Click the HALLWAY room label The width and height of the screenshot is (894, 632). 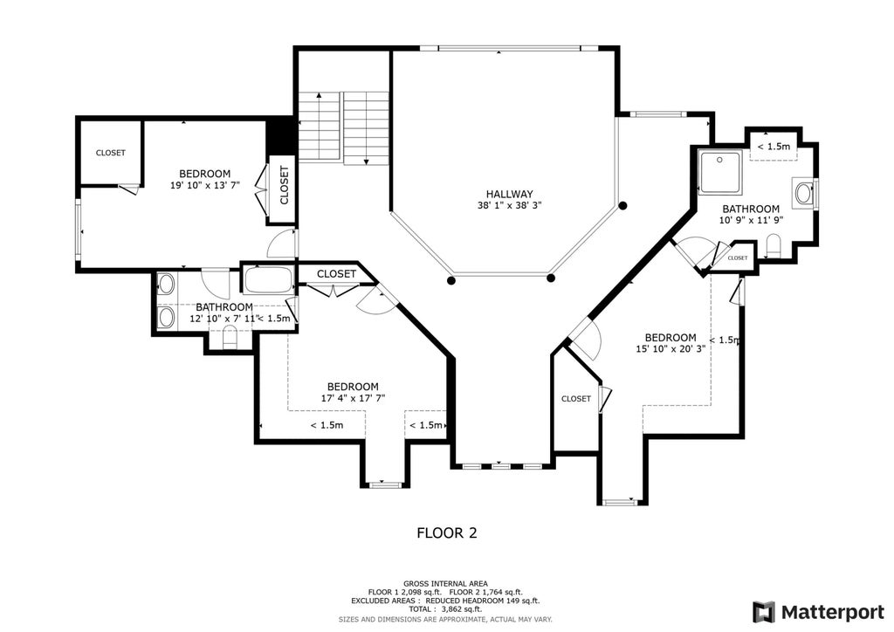click(509, 194)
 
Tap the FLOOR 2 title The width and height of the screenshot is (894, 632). click(447, 532)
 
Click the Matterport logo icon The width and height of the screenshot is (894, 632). click(763, 612)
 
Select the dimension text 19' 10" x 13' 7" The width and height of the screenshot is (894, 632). click(205, 185)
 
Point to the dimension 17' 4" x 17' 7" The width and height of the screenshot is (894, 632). click(353, 398)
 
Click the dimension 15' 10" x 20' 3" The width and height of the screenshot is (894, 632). click(670, 348)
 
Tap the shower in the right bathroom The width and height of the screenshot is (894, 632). click(720, 172)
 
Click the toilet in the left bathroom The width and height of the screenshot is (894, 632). click(230, 339)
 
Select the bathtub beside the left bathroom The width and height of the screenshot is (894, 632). click(268, 280)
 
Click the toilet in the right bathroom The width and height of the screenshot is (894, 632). click(774, 245)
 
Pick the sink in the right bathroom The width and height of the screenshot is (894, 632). click(804, 193)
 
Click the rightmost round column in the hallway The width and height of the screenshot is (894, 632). click(623, 205)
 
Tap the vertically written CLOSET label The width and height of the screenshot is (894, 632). click(284, 185)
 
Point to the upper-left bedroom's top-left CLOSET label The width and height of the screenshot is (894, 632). click(111, 153)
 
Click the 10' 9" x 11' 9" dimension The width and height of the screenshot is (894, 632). click(751, 220)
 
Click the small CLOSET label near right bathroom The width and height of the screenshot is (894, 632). click(737, 258)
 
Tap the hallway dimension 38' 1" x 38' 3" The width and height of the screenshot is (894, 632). click(509, 205)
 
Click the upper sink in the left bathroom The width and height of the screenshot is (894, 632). click(166, 284)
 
